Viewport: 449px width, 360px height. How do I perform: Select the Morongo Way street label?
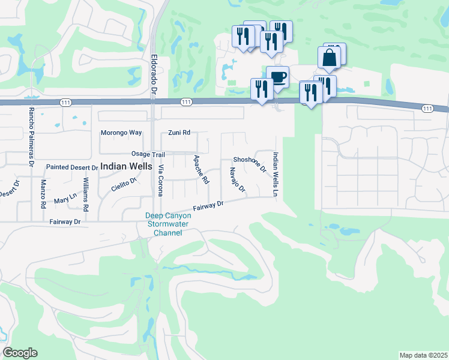point(121,133)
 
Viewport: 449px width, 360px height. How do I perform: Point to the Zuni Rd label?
point(179,133)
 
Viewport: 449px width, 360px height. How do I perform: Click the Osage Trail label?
point(148,154)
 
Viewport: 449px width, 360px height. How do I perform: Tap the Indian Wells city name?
point(127,167)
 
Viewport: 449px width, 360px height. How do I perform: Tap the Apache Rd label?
point(201,169)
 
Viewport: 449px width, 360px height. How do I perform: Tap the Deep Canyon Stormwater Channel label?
point(164,224)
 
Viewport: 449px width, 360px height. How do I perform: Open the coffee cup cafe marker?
point(277,77)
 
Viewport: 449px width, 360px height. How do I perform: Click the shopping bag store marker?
point(330,58)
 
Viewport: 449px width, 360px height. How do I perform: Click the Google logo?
point(20,353)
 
